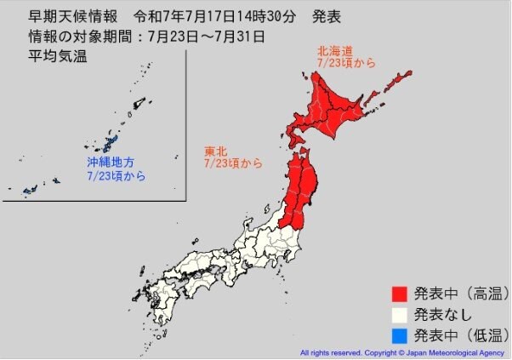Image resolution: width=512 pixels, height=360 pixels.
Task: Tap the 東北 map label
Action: click(x=214, y=151)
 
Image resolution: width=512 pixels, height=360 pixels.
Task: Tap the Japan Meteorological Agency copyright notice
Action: click(x=402, y=351)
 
